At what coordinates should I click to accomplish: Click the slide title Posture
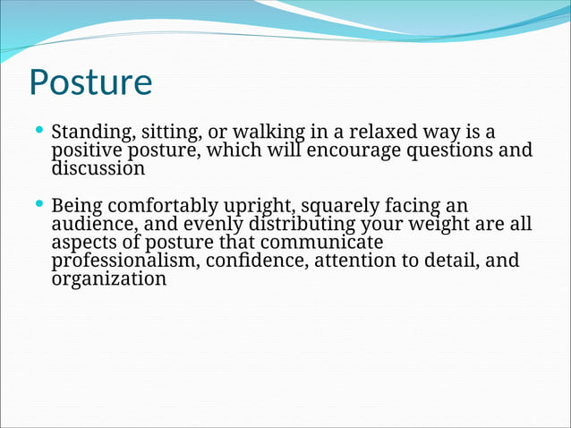tap(90, 82)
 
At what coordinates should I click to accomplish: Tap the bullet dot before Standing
tap(38, 131)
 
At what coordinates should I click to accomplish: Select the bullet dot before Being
tap(38, 203)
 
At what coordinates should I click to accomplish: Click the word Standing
tap(90, 133)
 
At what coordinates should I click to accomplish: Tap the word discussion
tap(98, 167)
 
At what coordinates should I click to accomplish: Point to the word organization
tap(109, 278)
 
